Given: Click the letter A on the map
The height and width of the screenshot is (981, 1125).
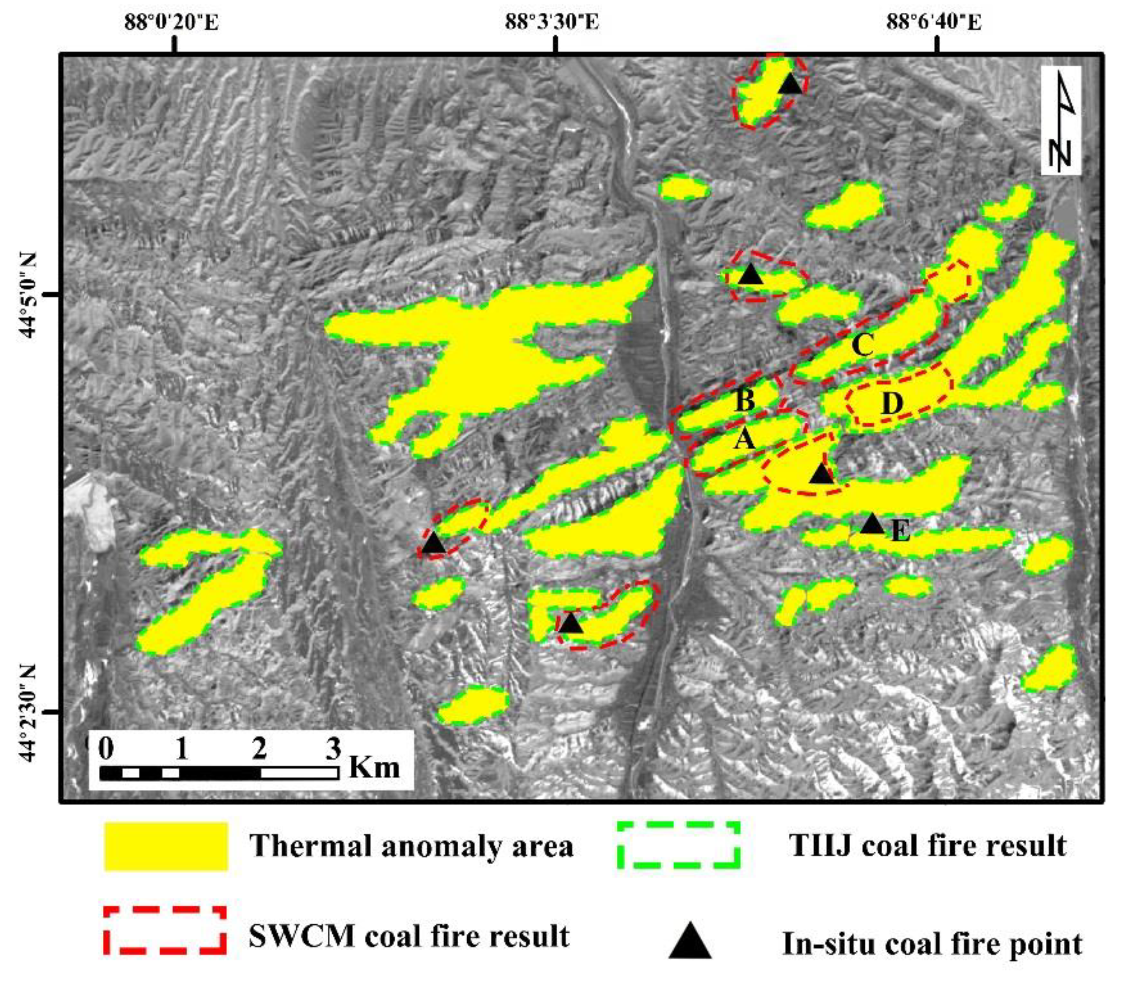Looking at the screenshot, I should coord(744,439).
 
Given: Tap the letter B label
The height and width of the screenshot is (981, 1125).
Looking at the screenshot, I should coord(744,399).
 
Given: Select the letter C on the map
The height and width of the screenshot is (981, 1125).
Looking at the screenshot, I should coord(863,345).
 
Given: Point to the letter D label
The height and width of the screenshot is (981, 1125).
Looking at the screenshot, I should coord(892,404).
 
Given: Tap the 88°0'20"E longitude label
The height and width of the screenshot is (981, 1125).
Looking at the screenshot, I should coord(171,23).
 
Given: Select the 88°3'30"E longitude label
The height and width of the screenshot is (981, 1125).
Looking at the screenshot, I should coord(552,23).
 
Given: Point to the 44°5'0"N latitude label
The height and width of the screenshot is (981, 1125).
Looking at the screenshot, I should coord(31,296).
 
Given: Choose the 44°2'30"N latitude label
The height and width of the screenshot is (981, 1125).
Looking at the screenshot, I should coord(31,712).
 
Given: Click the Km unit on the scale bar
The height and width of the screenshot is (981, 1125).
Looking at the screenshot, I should coord(374,767).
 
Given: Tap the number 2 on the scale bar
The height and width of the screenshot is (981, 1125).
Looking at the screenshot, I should coord(259,748).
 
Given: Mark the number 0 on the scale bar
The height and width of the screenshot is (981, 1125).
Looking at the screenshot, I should coord(107,748).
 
